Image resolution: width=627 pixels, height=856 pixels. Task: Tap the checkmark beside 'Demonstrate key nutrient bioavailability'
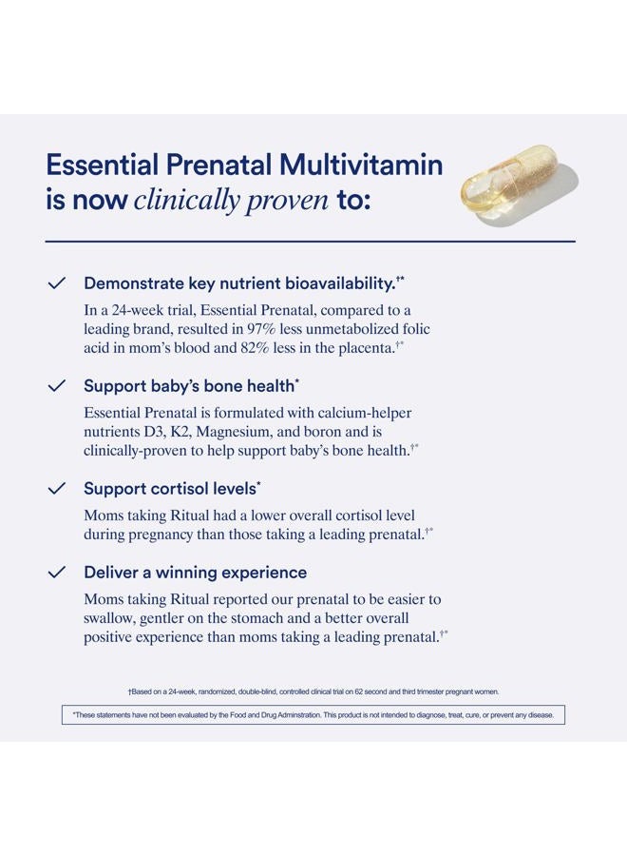(x=56, y=283)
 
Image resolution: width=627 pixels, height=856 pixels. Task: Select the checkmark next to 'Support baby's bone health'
(x=56, y=386)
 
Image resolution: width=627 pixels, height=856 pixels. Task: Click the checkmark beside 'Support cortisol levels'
(x=56, y=488)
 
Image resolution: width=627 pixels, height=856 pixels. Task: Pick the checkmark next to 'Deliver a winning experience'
(x=56, y=573)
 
